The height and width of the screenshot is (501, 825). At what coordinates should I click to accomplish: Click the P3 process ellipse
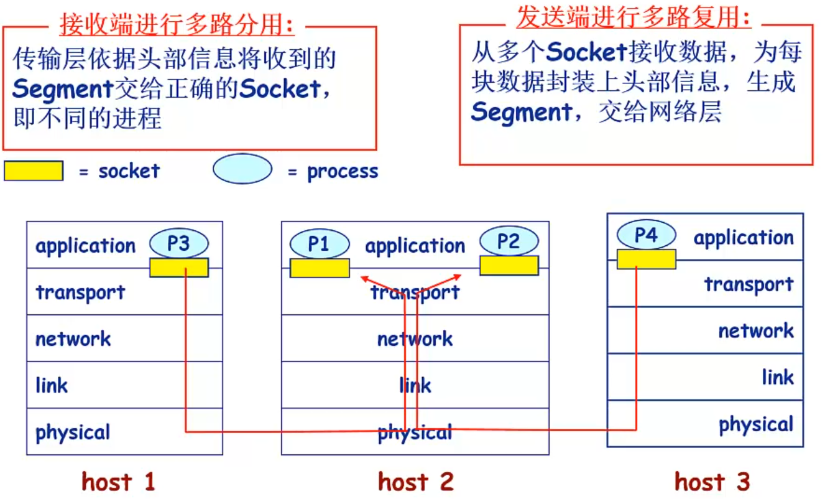coord(179,243)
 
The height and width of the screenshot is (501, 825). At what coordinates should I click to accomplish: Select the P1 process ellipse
coord(319,243)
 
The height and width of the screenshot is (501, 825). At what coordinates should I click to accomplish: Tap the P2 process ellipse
coord(509,241)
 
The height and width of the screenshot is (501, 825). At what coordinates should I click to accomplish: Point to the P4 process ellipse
coord(646,235)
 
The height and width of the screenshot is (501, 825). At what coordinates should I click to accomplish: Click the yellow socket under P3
coord(179,268)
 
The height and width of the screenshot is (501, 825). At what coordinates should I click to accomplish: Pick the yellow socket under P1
coord(320,268)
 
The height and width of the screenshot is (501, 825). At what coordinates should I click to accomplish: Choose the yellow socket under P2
coord(509,265)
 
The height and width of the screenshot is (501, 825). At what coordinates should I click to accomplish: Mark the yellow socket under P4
coord(646,259)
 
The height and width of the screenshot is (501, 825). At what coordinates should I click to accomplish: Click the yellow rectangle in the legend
coord(34,171)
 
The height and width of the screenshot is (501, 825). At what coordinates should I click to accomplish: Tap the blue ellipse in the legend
coord(242,169)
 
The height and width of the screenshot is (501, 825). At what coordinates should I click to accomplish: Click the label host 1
coord(118,482)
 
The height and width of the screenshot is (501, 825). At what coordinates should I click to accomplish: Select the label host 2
coord(415,482)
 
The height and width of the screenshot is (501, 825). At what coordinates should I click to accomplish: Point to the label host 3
coord(712,482)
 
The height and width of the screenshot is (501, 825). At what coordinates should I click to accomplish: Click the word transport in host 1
coord(80,292)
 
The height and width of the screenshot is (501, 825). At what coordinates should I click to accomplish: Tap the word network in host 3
coord(756,330)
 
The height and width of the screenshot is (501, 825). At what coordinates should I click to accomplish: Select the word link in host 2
coord(415,385)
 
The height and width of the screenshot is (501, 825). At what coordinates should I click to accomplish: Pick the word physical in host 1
coord(73,432)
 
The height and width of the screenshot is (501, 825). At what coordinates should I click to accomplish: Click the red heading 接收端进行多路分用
coord(177,26)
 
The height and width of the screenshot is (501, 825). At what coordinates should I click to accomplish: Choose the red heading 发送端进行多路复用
coord(634,18)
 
